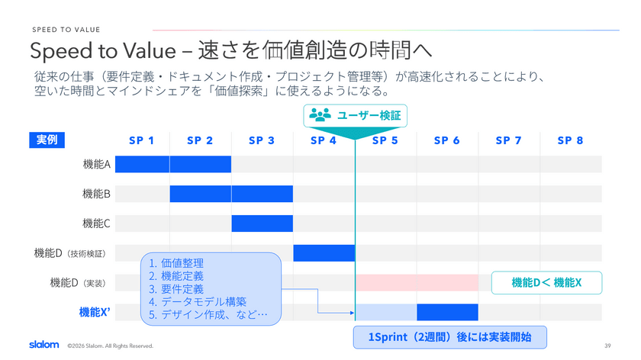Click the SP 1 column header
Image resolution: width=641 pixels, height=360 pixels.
[x=141, y=140]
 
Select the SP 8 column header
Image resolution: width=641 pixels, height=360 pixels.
[x=570, y=140]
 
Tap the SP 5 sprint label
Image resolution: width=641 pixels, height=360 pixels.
[x=385, y=140]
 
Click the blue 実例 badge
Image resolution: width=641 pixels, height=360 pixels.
[x=47, y=140]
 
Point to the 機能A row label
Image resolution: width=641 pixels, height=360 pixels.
[x=96, y=164]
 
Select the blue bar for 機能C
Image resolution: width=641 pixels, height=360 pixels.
[x=262, y=223]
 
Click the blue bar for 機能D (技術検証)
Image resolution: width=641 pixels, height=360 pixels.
[x=324, y=253]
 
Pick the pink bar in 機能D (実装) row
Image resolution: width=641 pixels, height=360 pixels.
[x=417, y=283]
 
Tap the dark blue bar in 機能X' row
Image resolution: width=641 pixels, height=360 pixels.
[x=448, y=312]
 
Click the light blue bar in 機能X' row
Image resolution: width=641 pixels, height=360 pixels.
[x=386, y=312]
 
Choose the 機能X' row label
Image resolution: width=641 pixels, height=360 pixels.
[x=95, y=313]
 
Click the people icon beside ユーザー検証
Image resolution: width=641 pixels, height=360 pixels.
[x=320, y=115]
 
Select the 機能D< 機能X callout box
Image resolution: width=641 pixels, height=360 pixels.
[x=546, y=283]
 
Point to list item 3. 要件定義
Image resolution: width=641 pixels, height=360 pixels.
[x=176, y=289]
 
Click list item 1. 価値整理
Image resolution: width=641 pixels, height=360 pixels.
[x=176, y=263]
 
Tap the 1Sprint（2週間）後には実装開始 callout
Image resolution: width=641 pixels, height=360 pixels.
[x=449, y=337]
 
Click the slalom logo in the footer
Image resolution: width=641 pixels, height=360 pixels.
[x=44, y=345]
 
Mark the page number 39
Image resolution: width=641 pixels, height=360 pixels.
[x=607, y=346]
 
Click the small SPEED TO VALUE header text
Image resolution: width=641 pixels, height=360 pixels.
[x=66, y=30]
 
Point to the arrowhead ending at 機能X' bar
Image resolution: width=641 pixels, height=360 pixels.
[x=353, y=313]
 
